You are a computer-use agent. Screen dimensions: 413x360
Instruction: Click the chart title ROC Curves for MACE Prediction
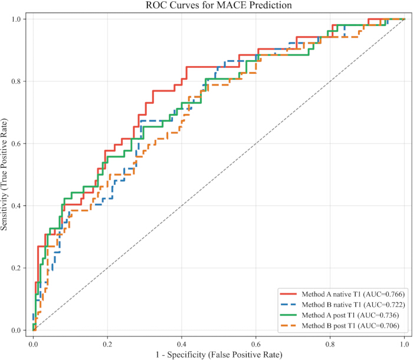(219, 5)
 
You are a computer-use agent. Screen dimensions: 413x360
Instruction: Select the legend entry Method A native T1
(342, 294)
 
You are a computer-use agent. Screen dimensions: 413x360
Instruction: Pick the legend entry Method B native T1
(342, 305)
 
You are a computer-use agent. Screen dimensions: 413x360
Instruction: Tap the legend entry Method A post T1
(339, 315)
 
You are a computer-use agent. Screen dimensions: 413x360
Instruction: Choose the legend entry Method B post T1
(339, 326)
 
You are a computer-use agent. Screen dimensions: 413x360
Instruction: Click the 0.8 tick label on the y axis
(17, 81)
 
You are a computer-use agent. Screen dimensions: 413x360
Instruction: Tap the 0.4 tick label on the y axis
(17, 205)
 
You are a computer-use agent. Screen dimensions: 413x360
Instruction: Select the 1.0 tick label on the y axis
(17, 19)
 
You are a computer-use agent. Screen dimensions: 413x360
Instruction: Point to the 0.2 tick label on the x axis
(107, 344)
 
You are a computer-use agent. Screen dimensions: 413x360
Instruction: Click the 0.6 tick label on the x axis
(255, 344)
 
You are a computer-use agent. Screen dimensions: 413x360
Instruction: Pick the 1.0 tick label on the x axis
(404, 344)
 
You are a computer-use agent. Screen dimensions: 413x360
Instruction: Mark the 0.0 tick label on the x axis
(33, 344)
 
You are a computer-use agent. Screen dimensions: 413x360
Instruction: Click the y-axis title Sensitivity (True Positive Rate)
(4, 175)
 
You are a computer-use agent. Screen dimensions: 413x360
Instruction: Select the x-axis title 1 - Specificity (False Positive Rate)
(219, 355)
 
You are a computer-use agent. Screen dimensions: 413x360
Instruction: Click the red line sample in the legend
(289, 294)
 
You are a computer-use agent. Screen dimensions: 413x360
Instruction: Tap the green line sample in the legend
(289, 315)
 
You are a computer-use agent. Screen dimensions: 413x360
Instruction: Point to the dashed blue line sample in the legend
(289, 305)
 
